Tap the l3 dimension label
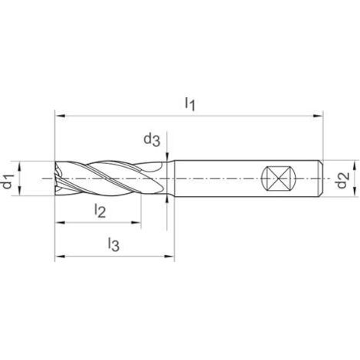pyautogui.click(x=113, y=244)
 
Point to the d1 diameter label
pyautogui.click(x=7, y=182)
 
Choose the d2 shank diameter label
pyautogui.click(x=343, y=182)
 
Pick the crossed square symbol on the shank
pyautogui.click(x=277, y=182)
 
